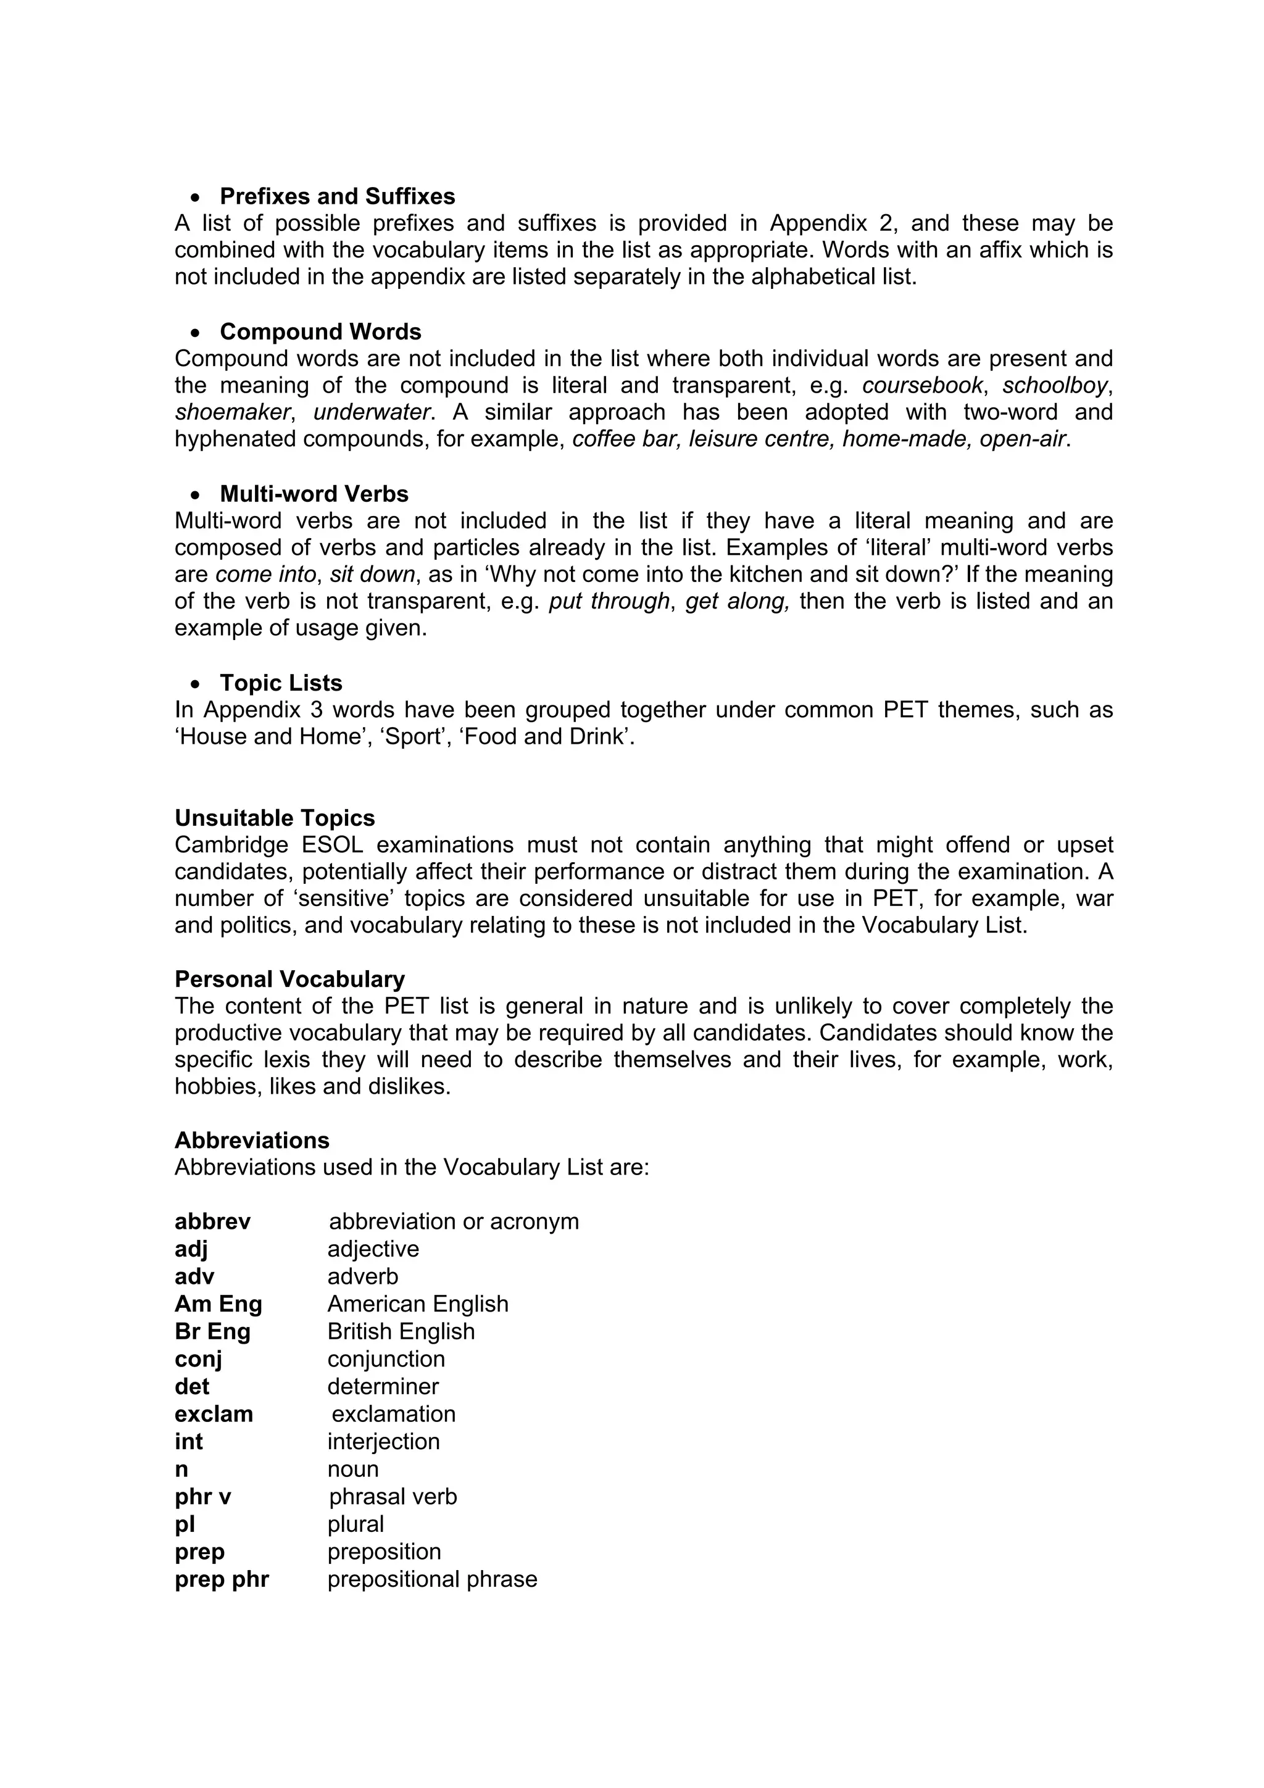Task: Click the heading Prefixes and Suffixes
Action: point(337,196)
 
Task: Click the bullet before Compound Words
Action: point(196,333)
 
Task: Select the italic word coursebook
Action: point(922,386)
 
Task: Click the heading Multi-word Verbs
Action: point(314,494)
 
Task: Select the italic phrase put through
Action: point(609,601)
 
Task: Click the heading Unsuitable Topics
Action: point(274,818)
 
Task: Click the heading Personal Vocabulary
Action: point(289,979)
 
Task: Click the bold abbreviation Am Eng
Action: point(218,1304)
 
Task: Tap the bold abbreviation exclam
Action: point(214,1413)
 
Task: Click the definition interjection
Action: point(383,1442)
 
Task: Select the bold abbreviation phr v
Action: point(202,1496)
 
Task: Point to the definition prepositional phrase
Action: point(431,1579)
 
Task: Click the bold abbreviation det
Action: point(191,1386)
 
